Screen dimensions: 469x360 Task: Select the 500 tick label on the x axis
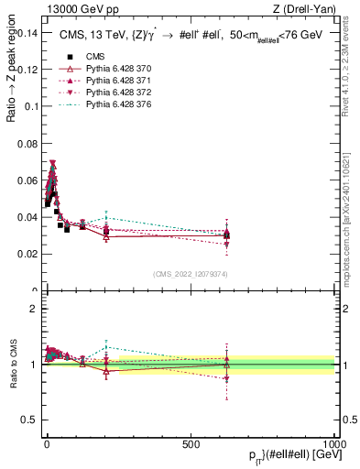pos(191,442)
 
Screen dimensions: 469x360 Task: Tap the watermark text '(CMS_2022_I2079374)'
pos(190,272)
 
